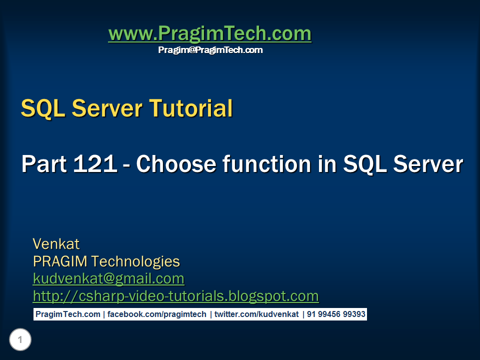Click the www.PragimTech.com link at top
(x=209, y=34)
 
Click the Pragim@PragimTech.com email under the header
(x=210, y=50)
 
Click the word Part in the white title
(x=43, y=164)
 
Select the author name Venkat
(x=56, y=244)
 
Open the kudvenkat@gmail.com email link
(x=108, y=278)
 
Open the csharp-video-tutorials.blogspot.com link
(x=175, y=296)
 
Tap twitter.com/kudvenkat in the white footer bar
(x=256, y=314)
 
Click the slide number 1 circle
(x=20, y=340)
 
